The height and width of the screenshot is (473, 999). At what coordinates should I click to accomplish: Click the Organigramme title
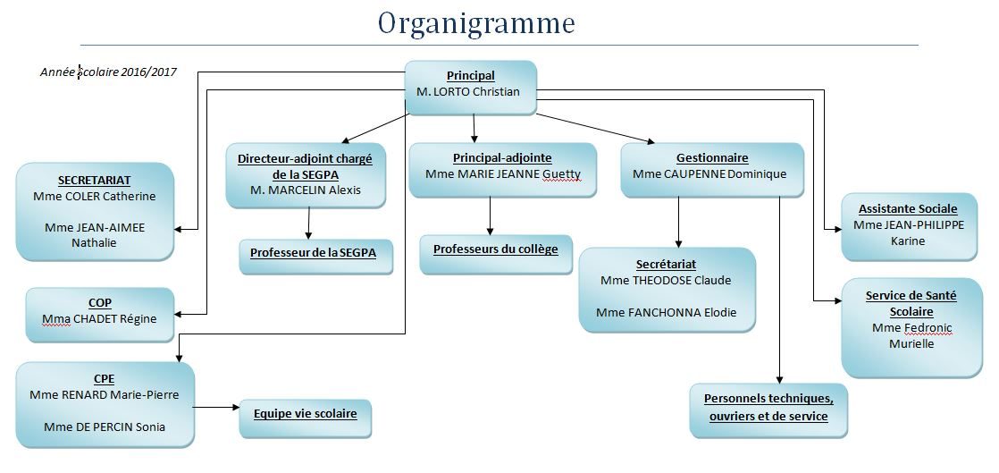pos(476,23)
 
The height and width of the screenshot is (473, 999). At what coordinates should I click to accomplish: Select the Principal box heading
pos(470,76)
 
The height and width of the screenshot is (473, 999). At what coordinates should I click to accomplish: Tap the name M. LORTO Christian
pos(468,92)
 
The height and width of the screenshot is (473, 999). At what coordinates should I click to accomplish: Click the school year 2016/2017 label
pos(108,72)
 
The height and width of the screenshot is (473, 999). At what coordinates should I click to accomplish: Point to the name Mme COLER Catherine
pos(95,197)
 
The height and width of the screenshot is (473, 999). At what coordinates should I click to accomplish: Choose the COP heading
pos(100,303)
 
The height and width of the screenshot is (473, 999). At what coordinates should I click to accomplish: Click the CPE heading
pos(104,378)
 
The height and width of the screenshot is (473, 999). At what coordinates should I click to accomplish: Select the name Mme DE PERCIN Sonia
pos(105,427)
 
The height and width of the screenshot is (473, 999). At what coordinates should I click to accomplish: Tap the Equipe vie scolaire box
pos(306,418)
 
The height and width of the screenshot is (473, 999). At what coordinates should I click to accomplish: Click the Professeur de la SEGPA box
pos(316,257)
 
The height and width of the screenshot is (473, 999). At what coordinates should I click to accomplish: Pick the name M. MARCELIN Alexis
pos(306,190)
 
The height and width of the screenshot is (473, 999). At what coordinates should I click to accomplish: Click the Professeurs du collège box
pos(496,254)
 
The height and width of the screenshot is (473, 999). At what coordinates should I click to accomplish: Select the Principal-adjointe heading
pos(502,157)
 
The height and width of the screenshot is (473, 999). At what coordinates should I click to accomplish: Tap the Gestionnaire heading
pos(712,158)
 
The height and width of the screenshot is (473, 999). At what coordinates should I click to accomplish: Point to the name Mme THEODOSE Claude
pos(666,281)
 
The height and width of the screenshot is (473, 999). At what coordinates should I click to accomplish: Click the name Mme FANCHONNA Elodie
pos(667,312)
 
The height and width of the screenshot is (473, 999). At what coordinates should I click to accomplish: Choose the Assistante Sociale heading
pos(908,209)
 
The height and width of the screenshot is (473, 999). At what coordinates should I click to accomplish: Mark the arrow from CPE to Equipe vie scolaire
pos(216,407)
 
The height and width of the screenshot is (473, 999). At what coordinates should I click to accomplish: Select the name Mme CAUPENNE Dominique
pos(709,174)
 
